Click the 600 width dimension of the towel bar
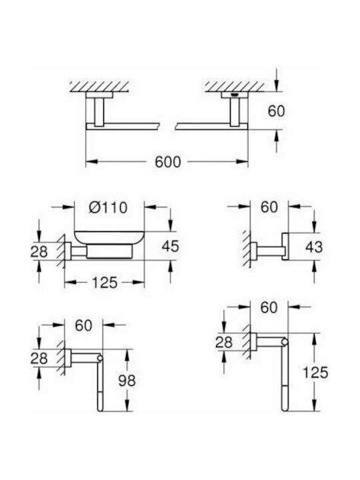pyautogui.click(x=168, y=162)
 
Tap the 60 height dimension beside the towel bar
pyautogui.click(x=276, y=111)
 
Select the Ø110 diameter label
pyautogui.click(x=108, y=207)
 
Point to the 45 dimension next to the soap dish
pyautogui.click(x=170, y=247)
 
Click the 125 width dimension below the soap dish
pyautogui.click(x=105, y=282)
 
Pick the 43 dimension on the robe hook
pyautogui.click(x=314, y=247)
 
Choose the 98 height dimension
pyautogui.click(x=127, y=381)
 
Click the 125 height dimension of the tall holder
pyautogui.click(x=315, y=373)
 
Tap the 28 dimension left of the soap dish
pyautogui.click(x=39, y=251)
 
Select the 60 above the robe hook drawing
pyautogui.click(x=269, y=207)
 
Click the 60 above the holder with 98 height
pyautogui.click(x=83, y=325)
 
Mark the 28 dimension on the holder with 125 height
pyautogui.click(x=224, y=342)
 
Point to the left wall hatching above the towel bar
pyautogui.click(x=99, y=87)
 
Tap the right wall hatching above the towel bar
pyautogui.click(x=235, y=87)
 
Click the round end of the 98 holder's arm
pyautogui.click(x=100, y=358)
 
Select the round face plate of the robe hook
pyautogui.click(x=285, y=247)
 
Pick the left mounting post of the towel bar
pyautogui.click(x=99, y=112)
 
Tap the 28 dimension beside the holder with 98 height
pyautogui.click(x=39, y=358)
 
